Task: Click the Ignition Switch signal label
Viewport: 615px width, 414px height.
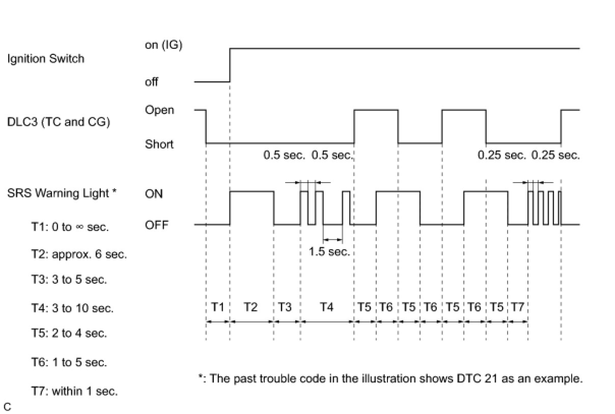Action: (x=46, y=59)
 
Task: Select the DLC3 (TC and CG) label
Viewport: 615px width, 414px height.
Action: (x=59, y=122)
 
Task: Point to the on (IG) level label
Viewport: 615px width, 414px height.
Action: (x=163, y=45)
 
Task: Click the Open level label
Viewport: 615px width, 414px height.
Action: (x=159, y=110)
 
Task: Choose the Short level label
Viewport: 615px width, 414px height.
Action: (x=159, y=144)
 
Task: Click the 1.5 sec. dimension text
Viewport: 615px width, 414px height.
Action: (x=329, y=251)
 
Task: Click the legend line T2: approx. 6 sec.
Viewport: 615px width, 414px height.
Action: (x=79, y=254)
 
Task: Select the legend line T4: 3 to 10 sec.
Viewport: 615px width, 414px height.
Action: (x=72, y=308)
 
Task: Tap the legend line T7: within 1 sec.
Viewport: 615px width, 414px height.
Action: (x=74, y=391)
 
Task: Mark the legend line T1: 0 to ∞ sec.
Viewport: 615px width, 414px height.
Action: (x=70, y=227)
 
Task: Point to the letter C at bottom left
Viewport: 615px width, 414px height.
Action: (x=7, y=407)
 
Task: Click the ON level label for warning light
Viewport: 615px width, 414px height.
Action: (x=154, y=194)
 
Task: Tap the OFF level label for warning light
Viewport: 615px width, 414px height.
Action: (x=157, y=225)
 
